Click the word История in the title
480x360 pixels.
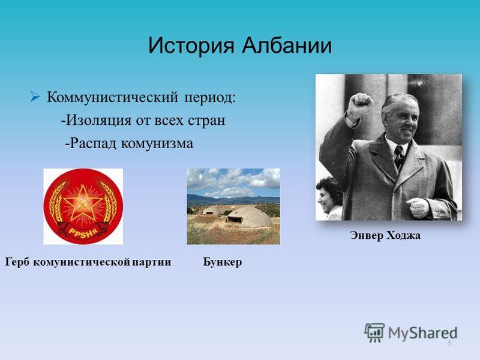tap(191, 46)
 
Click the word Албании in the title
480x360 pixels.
tap(287, 46)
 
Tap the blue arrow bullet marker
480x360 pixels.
tap(35, 97)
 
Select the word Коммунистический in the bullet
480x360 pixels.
tap(112, 97)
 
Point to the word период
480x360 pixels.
tap(210, 98)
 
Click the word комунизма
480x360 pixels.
tap(157, 143)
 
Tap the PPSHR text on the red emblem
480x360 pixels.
tap(83, 231)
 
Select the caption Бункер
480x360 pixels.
tap(222, 262)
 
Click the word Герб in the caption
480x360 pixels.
tap(17, 262)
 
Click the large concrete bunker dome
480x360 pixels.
tap(248, 217)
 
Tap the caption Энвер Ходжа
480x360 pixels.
tap(385, 235)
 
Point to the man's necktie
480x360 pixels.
tap(398, 157)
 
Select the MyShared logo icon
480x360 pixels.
tap(374, 333)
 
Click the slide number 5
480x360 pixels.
tap(449, 343)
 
